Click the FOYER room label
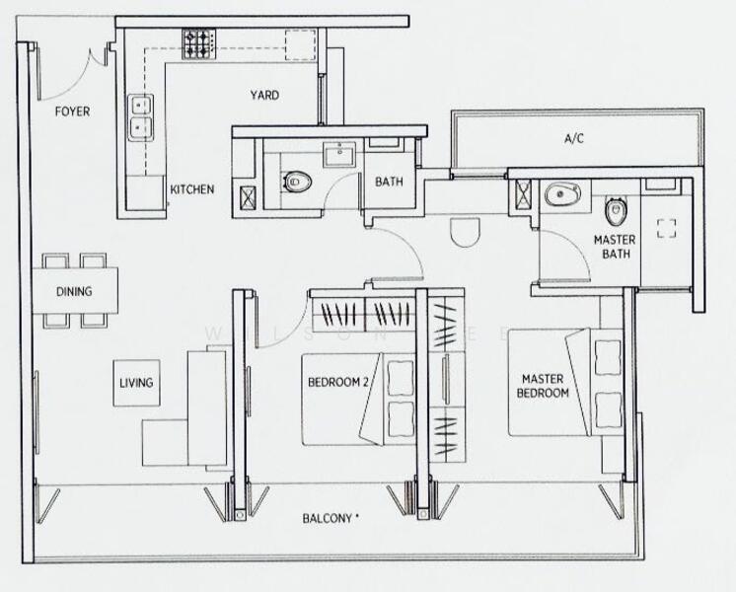(x=71, y=111)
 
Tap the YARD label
(x=263, y=96)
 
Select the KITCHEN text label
(x=191, y=189)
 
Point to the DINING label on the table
(x=74, y=291)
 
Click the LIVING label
(x=136, y=383)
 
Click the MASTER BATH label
(x=614, y=247)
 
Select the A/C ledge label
(x=574, y=139)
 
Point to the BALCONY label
(x=331, y=516)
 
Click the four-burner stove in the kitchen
(x=198, y=42)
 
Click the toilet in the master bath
(x=615, y=209)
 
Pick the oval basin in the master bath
(x=563, y=195)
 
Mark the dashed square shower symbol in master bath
(x=667, y=228)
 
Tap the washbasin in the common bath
(x=343, y=153)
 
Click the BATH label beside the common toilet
(x=388, y=182)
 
